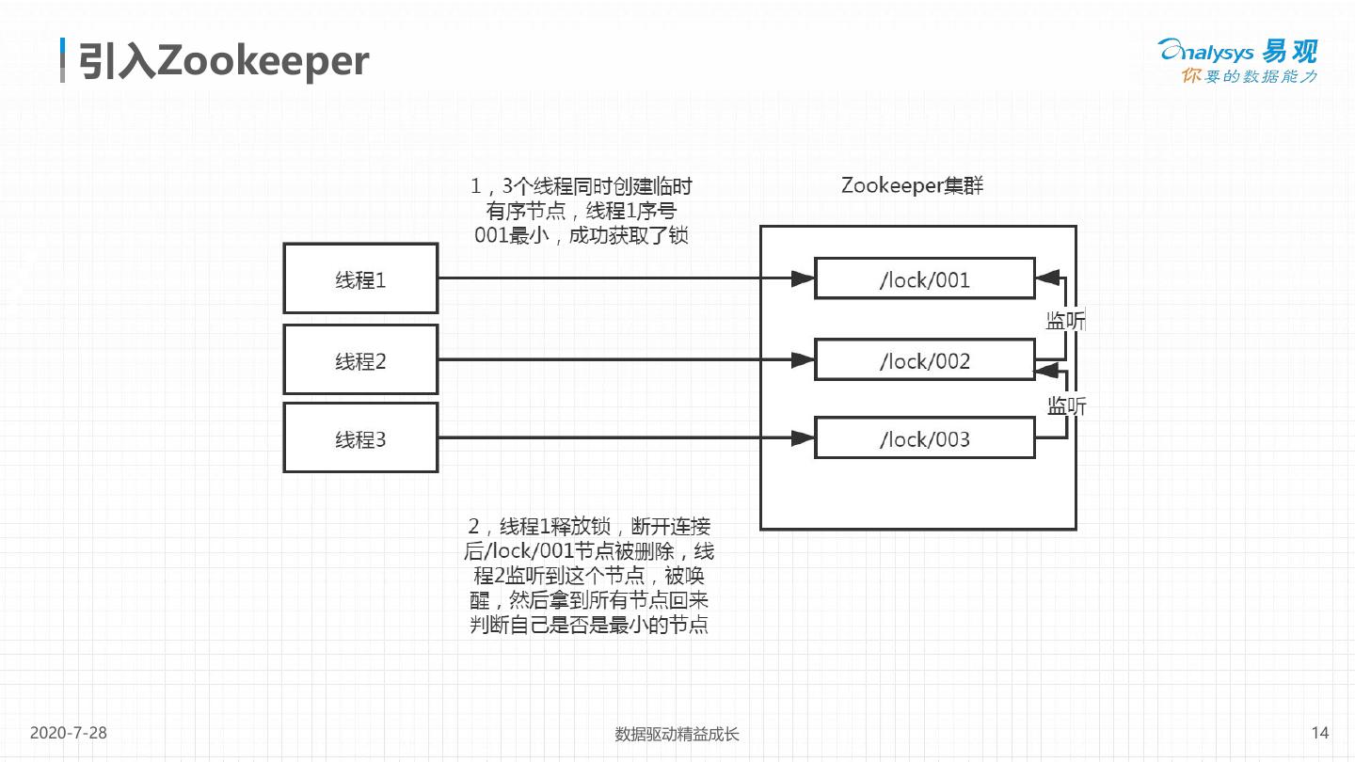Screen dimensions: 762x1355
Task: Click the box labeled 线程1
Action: click(x=360, y=278)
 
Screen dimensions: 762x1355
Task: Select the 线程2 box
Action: click(x=360, y=360)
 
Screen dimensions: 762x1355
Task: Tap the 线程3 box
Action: click(x=360, y=438)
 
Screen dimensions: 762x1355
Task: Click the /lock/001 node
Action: click(x=924, y=279)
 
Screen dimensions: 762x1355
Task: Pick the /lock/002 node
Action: click(x=924, y=360)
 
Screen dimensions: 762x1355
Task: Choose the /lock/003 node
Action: click(x=924, y=439)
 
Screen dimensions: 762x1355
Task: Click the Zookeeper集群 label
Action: click(x=912, y=185)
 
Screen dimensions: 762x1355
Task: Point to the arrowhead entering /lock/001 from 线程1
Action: click(x=803, y=278)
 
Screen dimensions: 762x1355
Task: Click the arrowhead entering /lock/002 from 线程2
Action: click(x=803, y=359)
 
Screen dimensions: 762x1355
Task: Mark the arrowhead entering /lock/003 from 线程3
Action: click(x=803, y=437)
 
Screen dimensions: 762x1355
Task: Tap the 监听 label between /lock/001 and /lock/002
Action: click(x=1066, y=321)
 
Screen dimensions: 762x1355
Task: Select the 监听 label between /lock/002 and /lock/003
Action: click(x=1067, y=405)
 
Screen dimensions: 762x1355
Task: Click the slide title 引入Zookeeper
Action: click(x=224, y=61)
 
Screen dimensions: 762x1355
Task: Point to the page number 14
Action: click(x=1319, y=733)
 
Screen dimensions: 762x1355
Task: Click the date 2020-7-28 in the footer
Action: click(x=69, y=733)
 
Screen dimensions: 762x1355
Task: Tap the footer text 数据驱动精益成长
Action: click(x=677, y=734)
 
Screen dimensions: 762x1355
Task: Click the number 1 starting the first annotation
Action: click(x=476, y=186)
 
